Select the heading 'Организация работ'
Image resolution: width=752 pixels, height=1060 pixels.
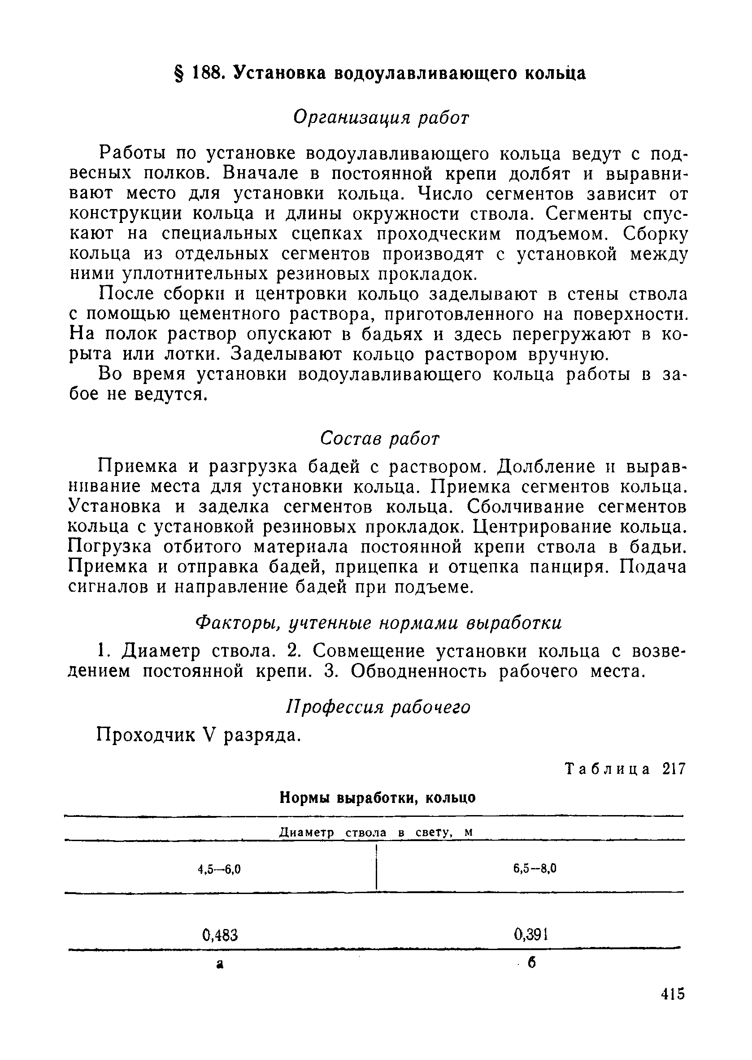click(x=381, y=118)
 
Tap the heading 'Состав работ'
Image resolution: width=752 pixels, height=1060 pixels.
click(x=380, y=438)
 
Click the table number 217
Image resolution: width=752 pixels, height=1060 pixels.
click(x=673, y=769)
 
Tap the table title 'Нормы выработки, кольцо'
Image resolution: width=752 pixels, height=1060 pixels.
click(x=378, y=798)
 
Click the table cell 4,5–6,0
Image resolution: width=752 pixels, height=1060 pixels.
click(x=219, y=869)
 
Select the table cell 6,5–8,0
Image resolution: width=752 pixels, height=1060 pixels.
click(x=535, y=868)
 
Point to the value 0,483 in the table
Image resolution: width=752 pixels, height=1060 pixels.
click(x=220, y=936)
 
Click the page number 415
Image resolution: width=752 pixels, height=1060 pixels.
click(x=673, y=1007)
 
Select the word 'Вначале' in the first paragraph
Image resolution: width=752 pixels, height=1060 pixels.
click(x=257, y=173)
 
